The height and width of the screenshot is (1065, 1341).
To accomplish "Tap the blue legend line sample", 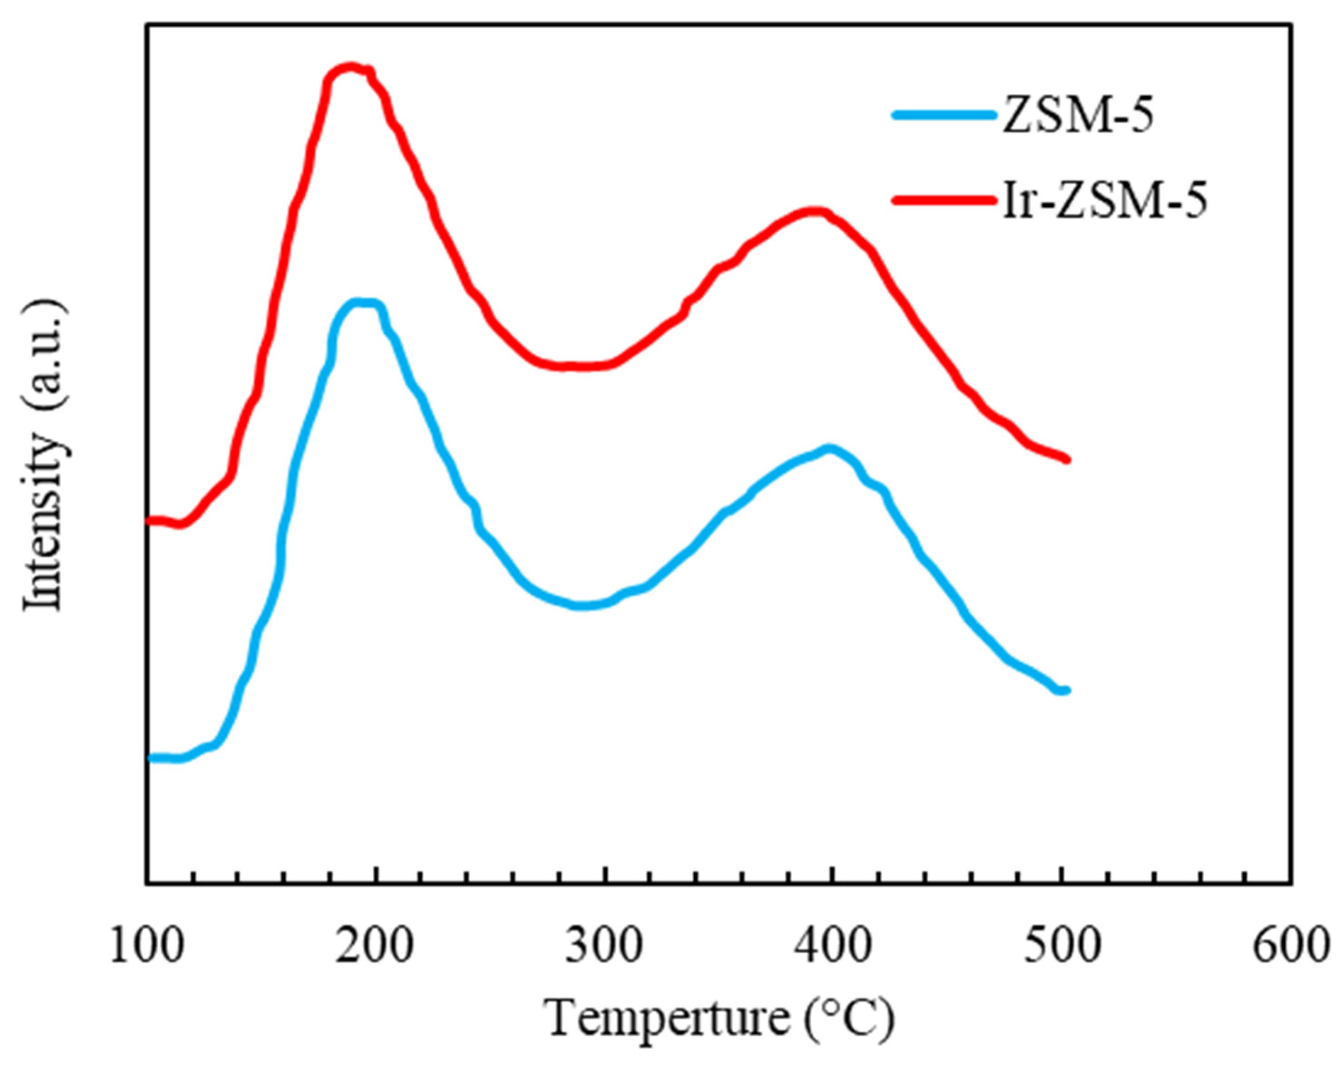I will pyautogui.click(x=944, y=114).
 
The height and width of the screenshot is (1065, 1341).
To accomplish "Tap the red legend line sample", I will pyautogui.click(x=944, y=200).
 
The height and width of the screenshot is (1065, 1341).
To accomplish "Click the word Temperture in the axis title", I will pyautogui.click(x=666, y=1018).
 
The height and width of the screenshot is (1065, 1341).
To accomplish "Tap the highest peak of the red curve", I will pyautogui.click(x=350, y=67).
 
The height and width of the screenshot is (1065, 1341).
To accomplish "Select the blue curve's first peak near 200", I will pyautogui.click(x=361, y=303).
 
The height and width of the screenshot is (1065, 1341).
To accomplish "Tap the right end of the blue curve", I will pyautogui.click(x=1065, y=690).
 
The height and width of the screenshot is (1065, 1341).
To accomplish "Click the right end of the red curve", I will pyautogui.click(x=1067, y=459).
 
